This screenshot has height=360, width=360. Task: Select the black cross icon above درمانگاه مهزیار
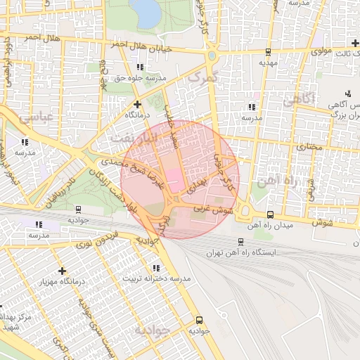click(63, 271)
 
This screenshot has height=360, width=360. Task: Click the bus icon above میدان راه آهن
click(271, 214)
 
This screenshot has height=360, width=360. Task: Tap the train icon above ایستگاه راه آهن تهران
click(241, 241)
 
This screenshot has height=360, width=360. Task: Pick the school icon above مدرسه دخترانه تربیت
click(156, 268)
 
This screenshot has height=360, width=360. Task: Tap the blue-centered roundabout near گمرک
click(212, 55)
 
